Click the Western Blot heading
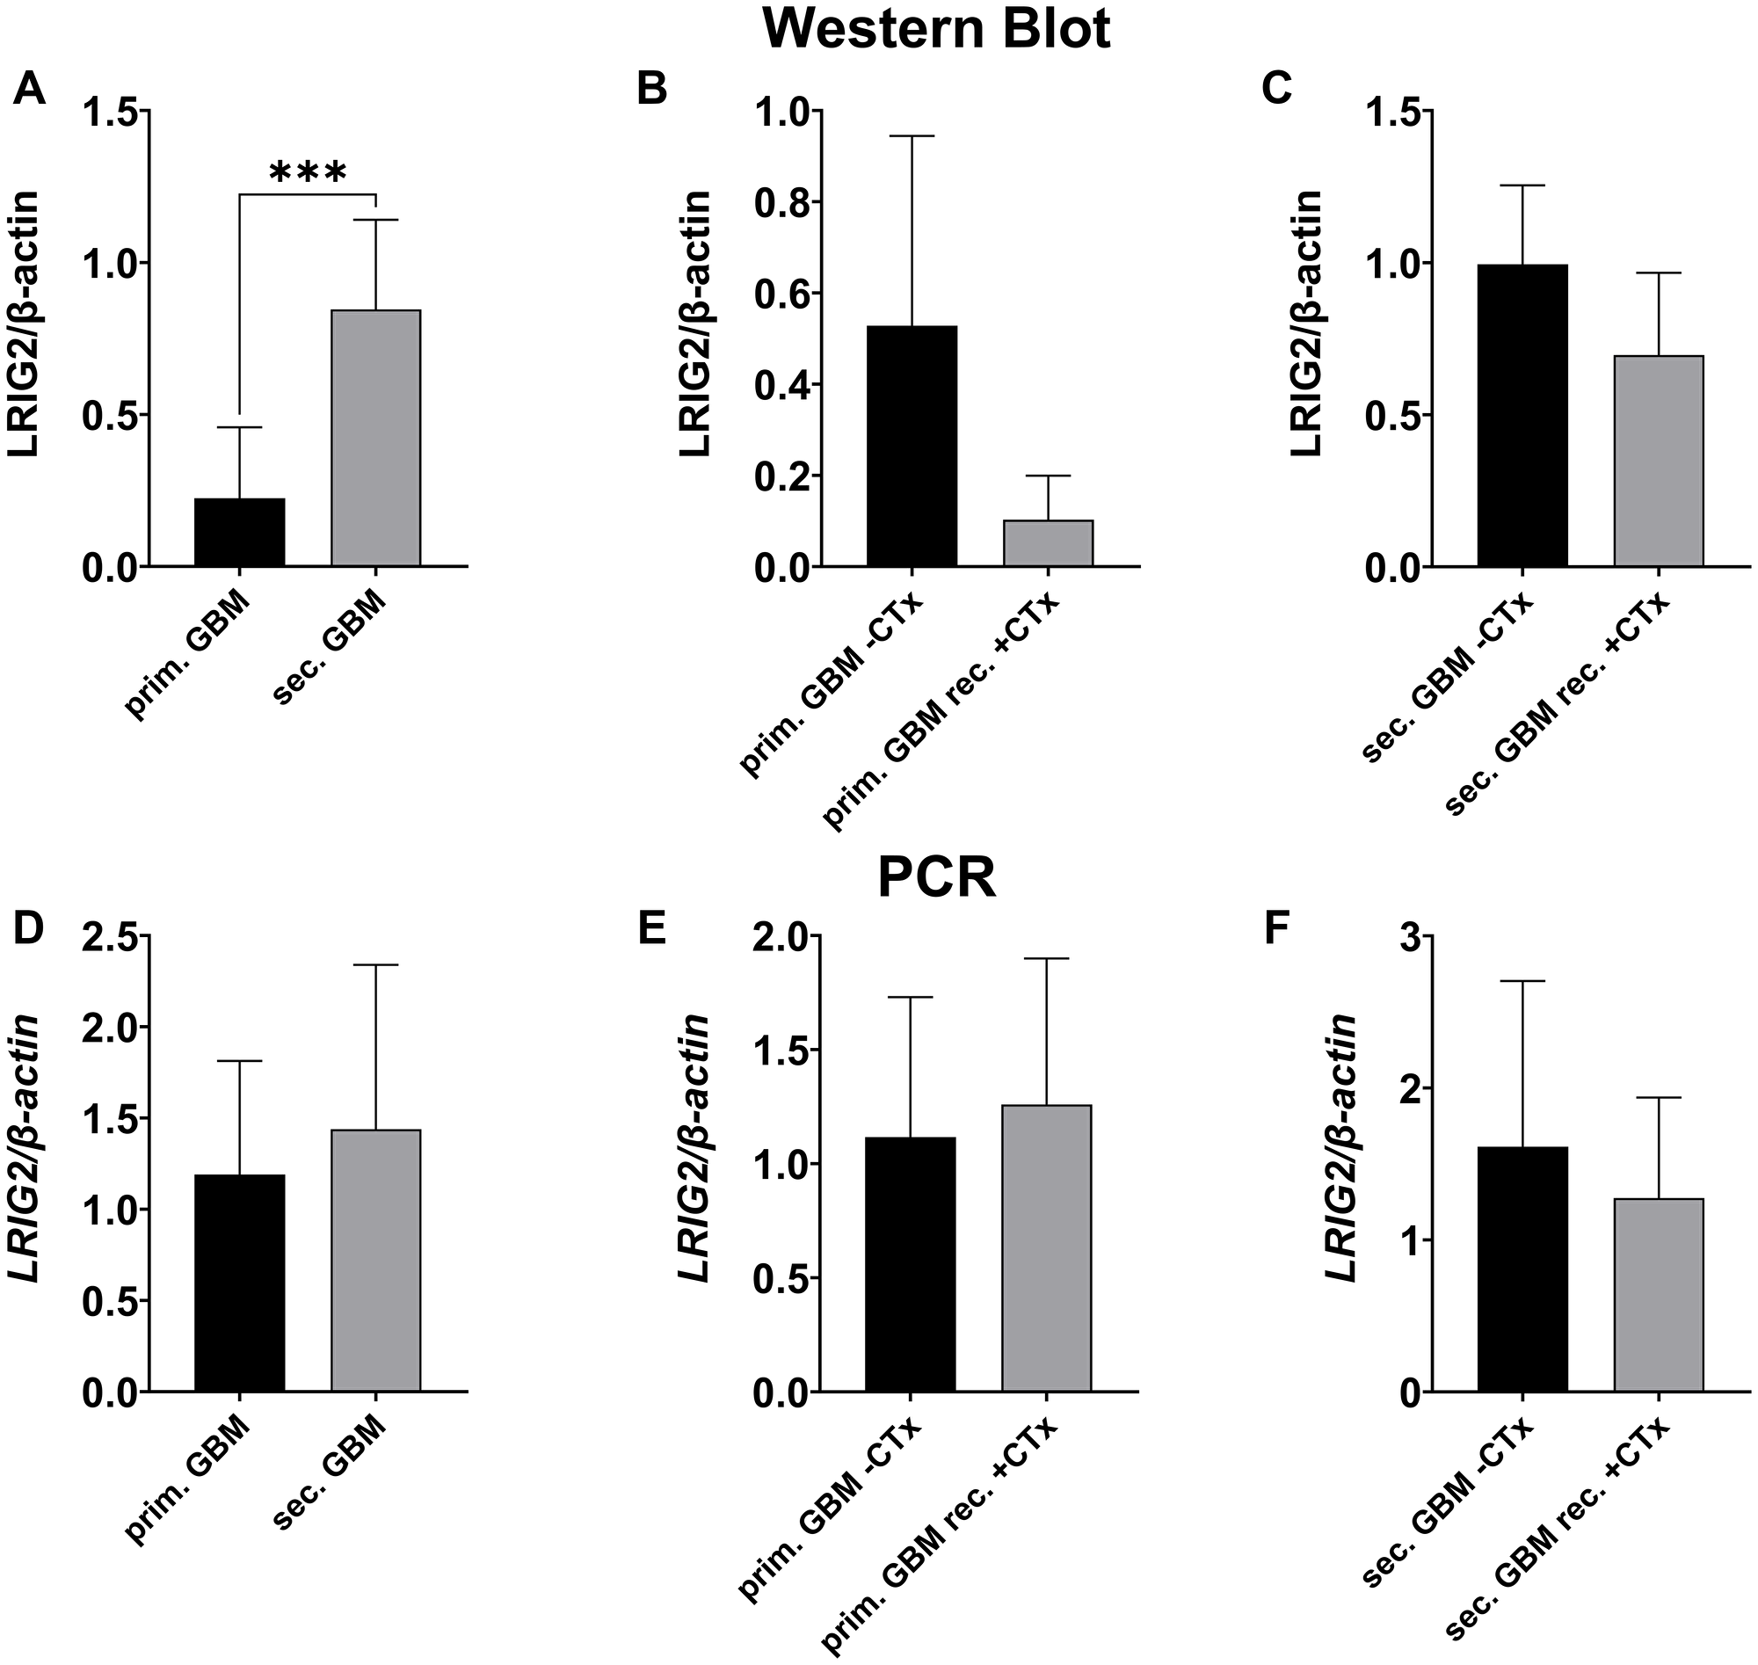(x=936, y=29)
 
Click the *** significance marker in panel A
(x=307, y=172)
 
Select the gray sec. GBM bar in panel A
(x=375, y=438)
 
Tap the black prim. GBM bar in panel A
(x=240, y=533)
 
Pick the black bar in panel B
(x=912, y=446)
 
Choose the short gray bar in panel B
(x=1048, y=543)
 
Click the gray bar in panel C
(x=1658, y=461)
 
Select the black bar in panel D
(x=240, y=1283)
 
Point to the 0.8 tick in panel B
(x=783, y=203)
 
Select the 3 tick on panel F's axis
(x=1403, y=937)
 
